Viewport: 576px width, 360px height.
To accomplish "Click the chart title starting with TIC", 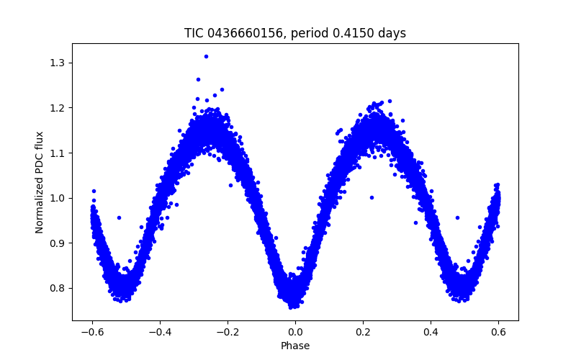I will tap(295, 33).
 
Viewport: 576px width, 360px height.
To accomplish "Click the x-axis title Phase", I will tap(295, 346).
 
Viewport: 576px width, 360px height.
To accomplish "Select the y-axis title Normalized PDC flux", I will tap(40, 182).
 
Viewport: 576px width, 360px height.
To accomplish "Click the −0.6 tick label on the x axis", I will tap(92, 331).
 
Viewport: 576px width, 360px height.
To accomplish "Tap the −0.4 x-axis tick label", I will tap(160, 331).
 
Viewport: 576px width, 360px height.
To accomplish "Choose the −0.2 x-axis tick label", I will tap(228, 331).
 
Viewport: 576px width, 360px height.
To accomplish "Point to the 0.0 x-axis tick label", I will tap(295, 331).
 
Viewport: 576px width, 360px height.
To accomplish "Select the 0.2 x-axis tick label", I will tap(363, 331).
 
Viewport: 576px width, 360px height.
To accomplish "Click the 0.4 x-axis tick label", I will tap(431, 331).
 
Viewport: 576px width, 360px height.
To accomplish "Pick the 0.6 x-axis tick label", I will tap(498, 331).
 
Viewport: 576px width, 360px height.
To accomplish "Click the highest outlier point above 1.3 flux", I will tap(206, 56).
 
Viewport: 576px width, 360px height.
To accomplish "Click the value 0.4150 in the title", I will tap(356, 33).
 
